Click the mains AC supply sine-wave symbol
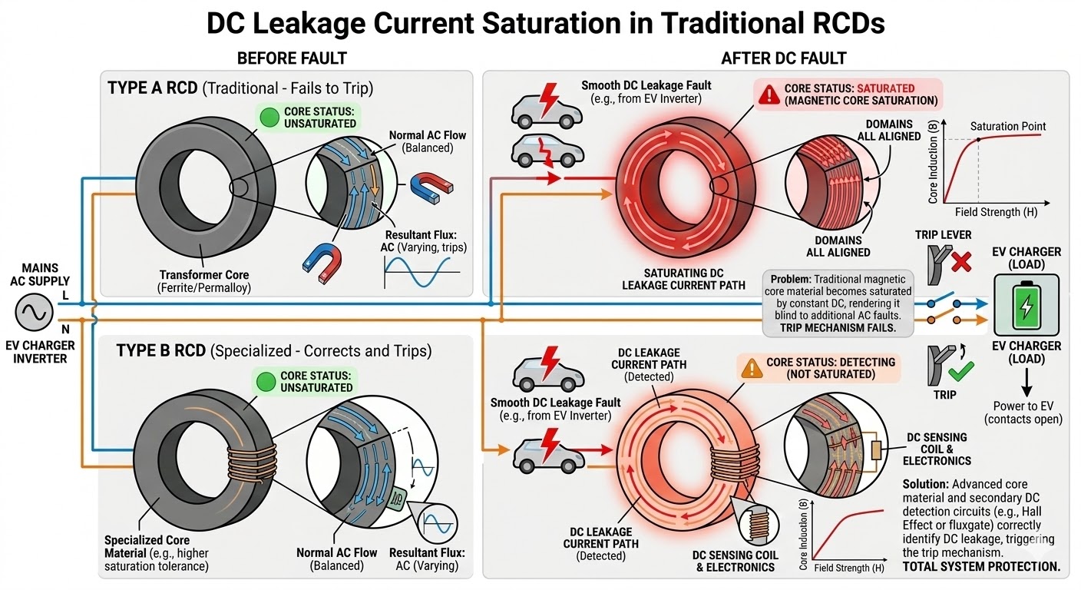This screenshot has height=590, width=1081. (x=34, y=313)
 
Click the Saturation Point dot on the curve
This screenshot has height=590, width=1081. (x=978, y=140)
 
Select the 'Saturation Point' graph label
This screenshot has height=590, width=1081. (x=1007, y=126)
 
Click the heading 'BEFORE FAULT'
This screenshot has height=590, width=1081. (x=292, y=58)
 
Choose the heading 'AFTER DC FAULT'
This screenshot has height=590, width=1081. (x=783, y=58)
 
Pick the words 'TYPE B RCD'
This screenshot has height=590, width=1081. (x=160, y=351)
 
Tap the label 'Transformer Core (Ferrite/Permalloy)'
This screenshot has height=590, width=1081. (x=204, y=281)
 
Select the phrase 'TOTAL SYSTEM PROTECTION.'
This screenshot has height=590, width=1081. (x=981, y=567)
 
